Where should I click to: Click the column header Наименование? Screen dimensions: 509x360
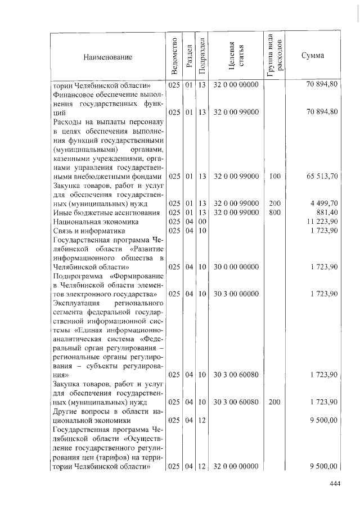[x=107, y=57]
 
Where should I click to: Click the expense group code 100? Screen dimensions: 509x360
[x=274, y=177]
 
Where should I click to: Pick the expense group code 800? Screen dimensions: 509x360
[x=274, y=213]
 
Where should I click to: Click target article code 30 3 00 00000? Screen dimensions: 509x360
[x=236, y=294]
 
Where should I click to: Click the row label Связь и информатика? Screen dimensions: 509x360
[x=88, y=231]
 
